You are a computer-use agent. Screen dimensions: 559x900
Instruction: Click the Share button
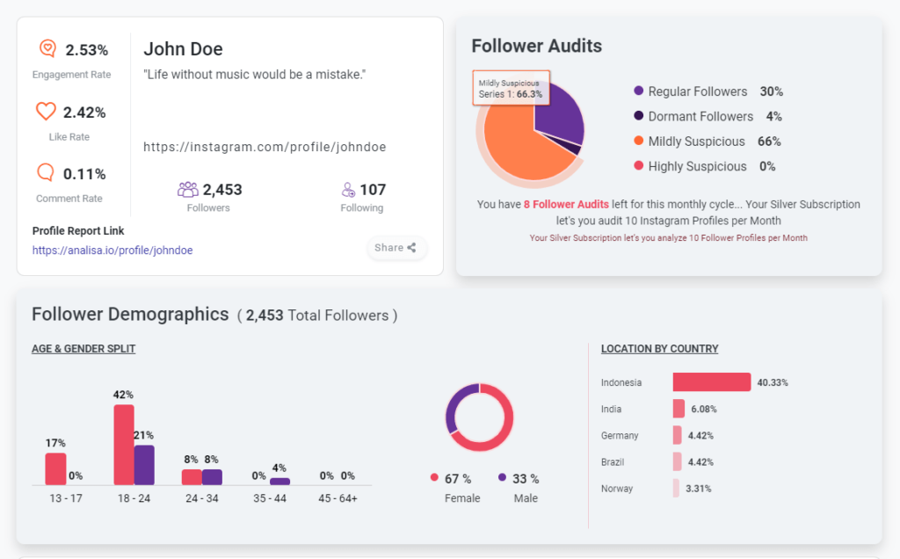pos(396,248)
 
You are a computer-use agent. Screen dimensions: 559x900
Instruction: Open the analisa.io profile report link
pos(112,250)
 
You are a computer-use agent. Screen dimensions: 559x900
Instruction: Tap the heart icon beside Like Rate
pos(46,112)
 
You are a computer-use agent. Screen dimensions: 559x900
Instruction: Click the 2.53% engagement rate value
pos(86,50)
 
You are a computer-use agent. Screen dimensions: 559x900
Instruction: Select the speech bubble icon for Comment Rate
pos(46,172)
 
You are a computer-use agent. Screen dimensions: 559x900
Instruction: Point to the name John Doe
pos(183,49)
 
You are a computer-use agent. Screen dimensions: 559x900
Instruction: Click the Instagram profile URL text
pos(265,148)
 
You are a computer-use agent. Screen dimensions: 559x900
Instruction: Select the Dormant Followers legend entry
pos(700,117)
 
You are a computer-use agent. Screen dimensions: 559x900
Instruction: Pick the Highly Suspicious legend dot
pos(639,166)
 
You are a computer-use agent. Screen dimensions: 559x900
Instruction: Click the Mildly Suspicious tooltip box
pos(512,88)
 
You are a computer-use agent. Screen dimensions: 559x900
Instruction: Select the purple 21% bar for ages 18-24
pos(144,464)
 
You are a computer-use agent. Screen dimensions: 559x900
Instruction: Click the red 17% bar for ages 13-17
pos(55,468)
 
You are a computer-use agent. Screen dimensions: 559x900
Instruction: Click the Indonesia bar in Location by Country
pos(711,382)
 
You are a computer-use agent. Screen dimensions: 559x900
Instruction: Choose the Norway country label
pos(617,489)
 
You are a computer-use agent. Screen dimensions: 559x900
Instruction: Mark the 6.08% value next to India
pos(703,410)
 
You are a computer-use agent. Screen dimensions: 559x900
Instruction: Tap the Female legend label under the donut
pos(462,498)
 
